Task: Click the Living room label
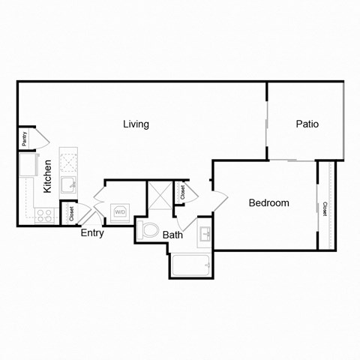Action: (136, 124)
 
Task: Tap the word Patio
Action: (307, 124)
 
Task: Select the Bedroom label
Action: (268, 202)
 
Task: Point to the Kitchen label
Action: (47, 177)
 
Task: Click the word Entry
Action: (92, 232)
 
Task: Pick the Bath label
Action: (173, 235)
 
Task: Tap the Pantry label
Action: (25, 138)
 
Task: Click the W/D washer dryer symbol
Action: (120, 212)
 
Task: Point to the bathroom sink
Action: (205, 235)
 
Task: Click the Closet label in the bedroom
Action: (325, 209)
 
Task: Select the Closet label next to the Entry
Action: (70, 214)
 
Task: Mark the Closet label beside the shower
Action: (181, 191)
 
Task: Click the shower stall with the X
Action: (159, 195)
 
